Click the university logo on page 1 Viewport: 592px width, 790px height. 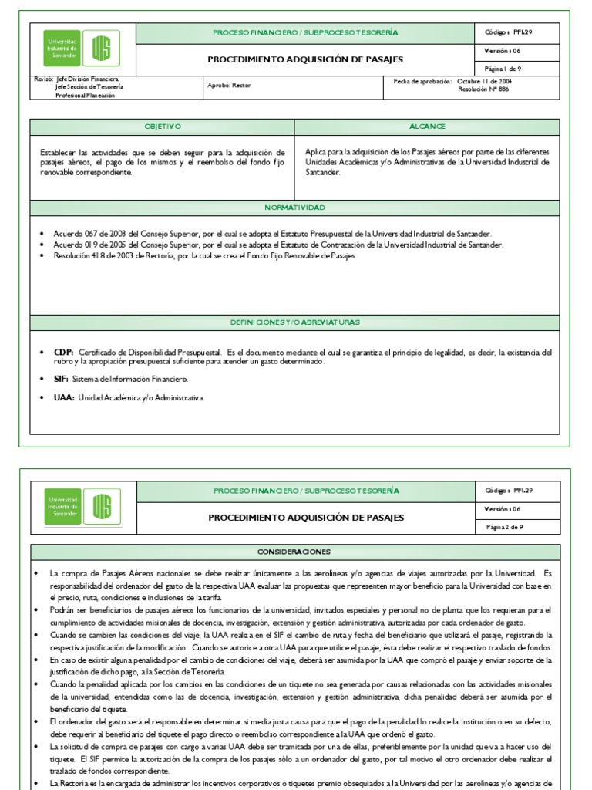pyautogui.click(x=82, y=50)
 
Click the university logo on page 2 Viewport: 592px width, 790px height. pyautogui.click(x=82, y=507)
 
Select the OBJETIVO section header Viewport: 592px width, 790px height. pyautogui.click(x=162, y=126)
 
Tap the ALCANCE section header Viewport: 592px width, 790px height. pyautogui.click(x=427, y=126)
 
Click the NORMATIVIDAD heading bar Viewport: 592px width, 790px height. pyautogui.click(x=294, y=208)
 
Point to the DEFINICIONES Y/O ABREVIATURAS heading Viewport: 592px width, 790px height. pyautogui.click(x=294, y=321)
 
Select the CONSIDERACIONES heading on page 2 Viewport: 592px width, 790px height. pyautogui.click(x=294, y=552)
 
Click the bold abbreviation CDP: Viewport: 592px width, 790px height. pyautogui.click(x=64, y=352)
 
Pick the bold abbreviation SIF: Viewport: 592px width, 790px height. pyautogui.click(x=61, y=379)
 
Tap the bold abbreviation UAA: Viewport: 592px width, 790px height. pyautogui.click(x=63, y=397)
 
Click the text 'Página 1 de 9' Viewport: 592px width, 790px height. pyautogui.click(x=503, y=69)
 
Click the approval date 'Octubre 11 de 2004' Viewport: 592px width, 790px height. pyautogui.click(x=483, y=81)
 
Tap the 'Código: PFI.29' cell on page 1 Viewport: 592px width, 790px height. pyautogui.click(x=510, y=33)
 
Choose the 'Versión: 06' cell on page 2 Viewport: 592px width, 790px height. pyautogui.click(x=503, y=509)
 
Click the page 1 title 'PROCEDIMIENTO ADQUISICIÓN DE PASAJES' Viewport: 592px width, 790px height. pyautogui.click(x=305, y=59)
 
